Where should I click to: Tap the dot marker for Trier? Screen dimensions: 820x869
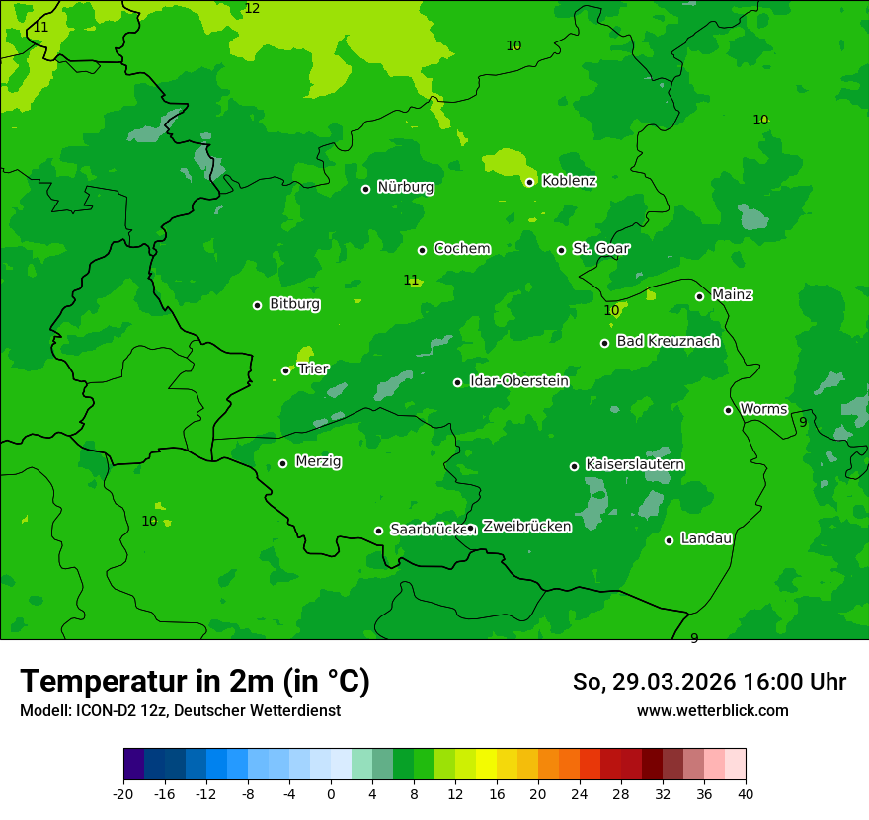[286, 370]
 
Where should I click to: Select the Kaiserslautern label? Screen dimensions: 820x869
[635, 464]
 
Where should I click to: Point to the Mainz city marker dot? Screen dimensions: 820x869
[699, 296]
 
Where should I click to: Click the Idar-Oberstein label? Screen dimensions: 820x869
[518, 381]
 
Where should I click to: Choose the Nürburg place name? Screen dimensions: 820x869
[405, 187]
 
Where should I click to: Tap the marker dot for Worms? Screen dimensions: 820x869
[728, 410]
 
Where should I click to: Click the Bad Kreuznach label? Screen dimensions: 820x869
[668, 341]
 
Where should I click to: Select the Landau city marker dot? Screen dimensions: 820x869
[669, 540]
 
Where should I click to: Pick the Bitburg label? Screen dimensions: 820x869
[294, 304]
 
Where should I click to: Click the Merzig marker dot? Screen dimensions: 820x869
[282, 463]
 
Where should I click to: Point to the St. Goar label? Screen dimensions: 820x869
[600, 249]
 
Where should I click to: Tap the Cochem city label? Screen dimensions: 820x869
[461, 249]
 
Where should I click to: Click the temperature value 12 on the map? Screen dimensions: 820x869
[252, 9]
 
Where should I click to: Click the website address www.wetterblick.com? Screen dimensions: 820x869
[712, 711]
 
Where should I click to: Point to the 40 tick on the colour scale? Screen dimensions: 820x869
[746, 794]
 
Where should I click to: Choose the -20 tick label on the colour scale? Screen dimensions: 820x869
[123, 794]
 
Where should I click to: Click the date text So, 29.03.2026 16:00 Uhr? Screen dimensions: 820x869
[709, 682]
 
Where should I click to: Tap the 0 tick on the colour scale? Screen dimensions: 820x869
[331, 794]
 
